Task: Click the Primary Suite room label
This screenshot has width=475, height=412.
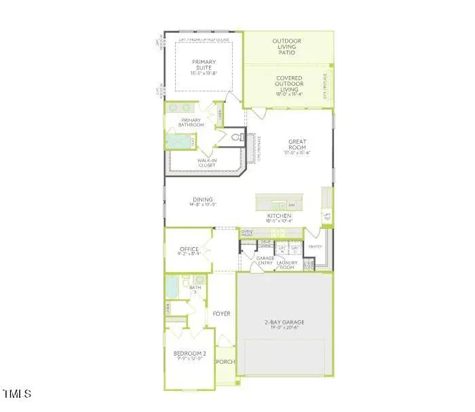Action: [x=204, y=66]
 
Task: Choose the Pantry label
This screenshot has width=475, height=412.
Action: [x=315, y=247]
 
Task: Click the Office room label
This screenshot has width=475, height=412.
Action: [x=189, y=250]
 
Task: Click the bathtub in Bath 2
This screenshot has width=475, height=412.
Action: [x=172, y=288]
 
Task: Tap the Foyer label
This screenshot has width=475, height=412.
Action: [x=221, y=314]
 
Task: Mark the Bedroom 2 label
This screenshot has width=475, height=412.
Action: [x=185, y=354]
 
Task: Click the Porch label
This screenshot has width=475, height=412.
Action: [x=225, y=362]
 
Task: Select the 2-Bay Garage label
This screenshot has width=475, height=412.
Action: [x=285, y=322]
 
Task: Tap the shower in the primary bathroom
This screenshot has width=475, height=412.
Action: [x=179, y=141]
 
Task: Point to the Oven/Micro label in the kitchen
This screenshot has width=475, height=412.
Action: [x=247, y=233]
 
